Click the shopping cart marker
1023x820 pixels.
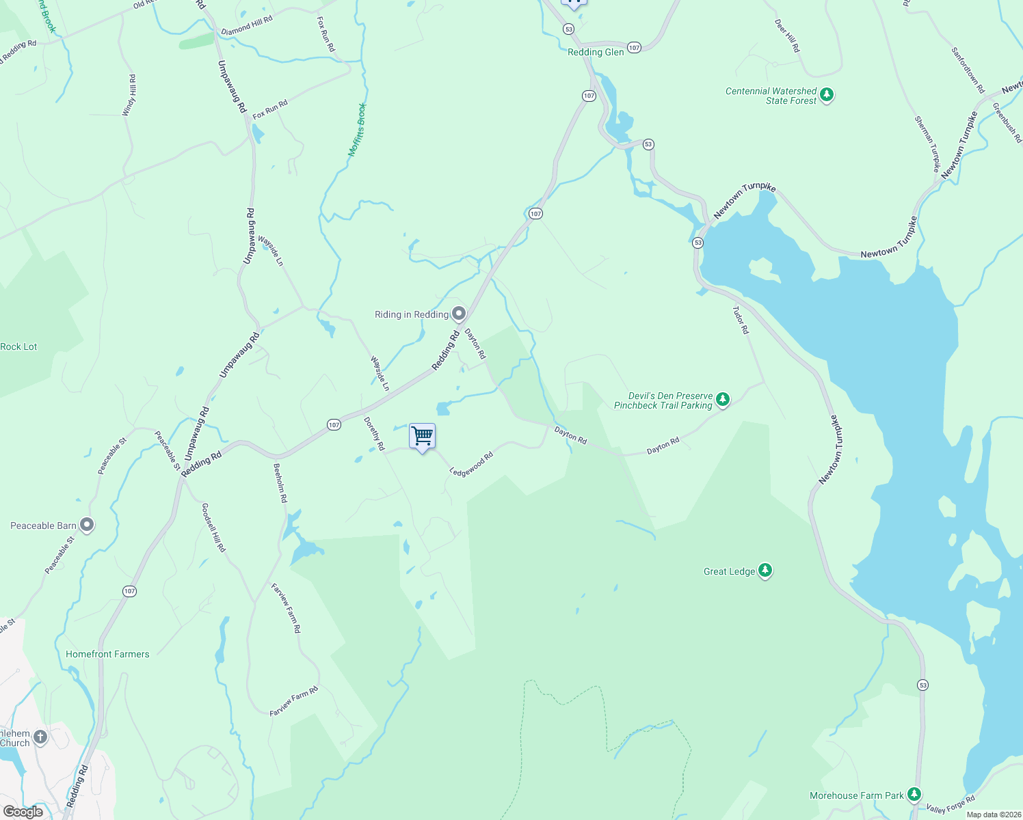(x=422, y=436)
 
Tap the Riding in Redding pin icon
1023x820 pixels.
(x=459, y=314)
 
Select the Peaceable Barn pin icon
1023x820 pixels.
(x=87, y=525)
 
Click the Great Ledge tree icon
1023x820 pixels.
(x=765, y=571)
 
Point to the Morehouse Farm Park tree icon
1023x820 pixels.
(x=914, y=794)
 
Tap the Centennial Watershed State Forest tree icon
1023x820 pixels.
(x=827, y=94)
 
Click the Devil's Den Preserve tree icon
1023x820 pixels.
(x=723, y=400)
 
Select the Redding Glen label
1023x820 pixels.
(x=596, y=52)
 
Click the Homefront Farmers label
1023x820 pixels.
(x=107, y=654)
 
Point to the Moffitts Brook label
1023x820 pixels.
(x=358, y=130)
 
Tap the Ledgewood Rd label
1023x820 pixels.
(x=471, y=464)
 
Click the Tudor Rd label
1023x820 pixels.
(x=741, y=320)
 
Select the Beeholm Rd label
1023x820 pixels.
(x=280, y=483)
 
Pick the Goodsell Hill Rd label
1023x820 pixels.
(x=213, y=528)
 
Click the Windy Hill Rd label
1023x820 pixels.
(x=129, y=96)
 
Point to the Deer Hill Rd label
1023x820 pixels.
(x=787, y=36)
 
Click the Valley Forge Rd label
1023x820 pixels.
(x=951, y=804)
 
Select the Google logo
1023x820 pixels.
(x=23, y=812)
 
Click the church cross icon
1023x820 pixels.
(x=40, y=737)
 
